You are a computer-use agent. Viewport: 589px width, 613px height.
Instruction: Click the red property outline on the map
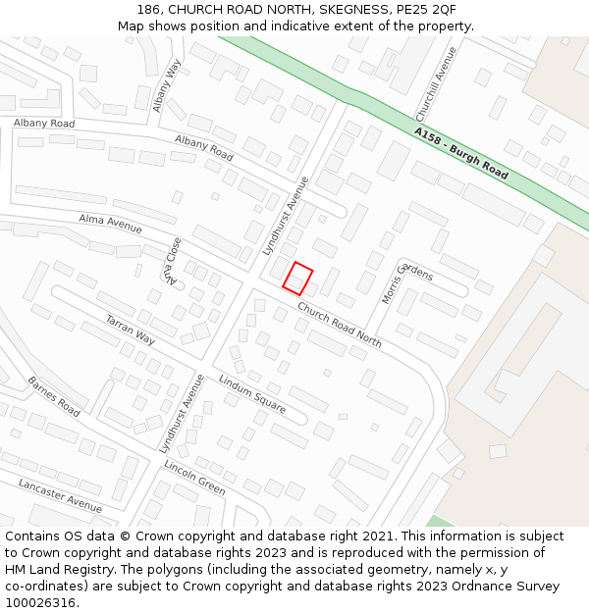coord(297,279)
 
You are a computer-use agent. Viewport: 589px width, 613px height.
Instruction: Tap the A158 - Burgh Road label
coord(460,153)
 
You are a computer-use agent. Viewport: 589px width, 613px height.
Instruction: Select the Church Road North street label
coord(339,325)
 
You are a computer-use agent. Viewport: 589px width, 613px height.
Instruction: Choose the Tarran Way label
coord(130,330)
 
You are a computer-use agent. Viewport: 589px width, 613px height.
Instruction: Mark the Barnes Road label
coord(53,395)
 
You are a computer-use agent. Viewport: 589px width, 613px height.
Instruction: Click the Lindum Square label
coord(251,393)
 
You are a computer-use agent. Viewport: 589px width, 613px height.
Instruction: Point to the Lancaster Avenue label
coord(60,495)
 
